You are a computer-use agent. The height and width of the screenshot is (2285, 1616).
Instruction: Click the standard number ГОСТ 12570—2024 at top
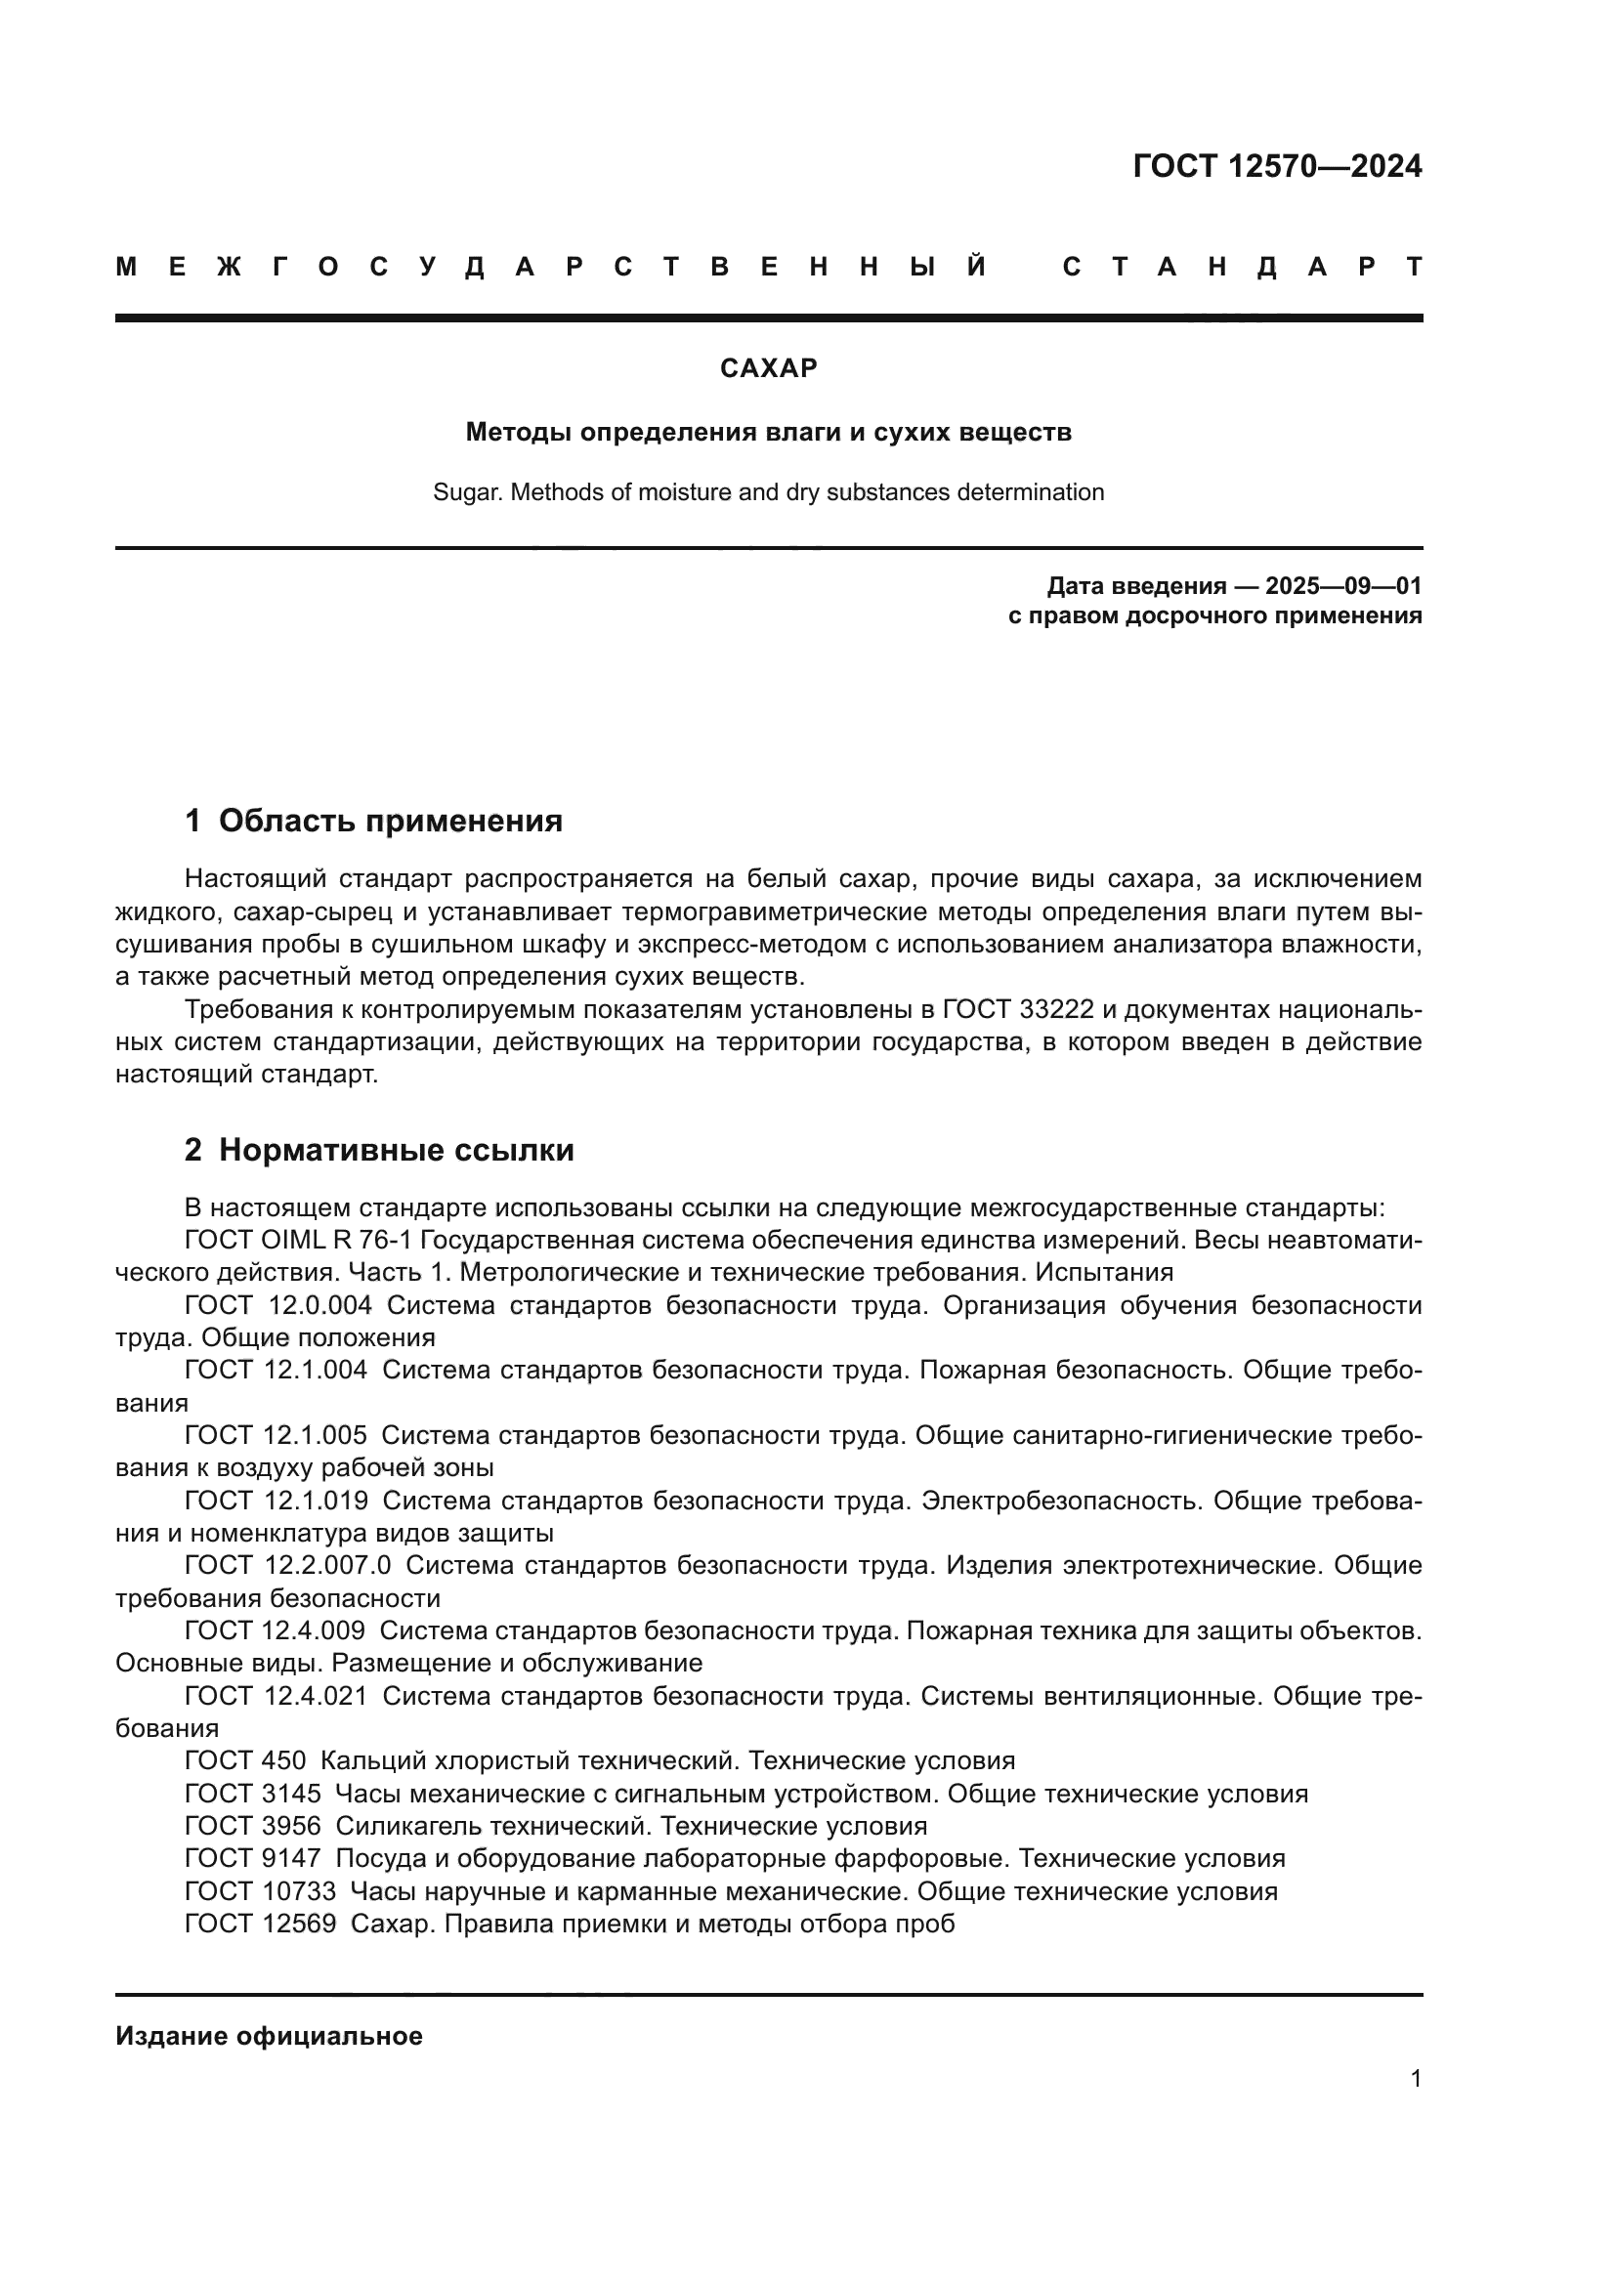point(1277,166)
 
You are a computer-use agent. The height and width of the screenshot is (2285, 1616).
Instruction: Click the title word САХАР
point(768,368)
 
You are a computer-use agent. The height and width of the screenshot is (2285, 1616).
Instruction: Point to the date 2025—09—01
point(1343,586)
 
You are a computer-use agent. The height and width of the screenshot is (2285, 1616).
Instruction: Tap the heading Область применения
point(390,821)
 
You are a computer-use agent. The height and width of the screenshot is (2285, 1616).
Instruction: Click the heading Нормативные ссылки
point(396,1151)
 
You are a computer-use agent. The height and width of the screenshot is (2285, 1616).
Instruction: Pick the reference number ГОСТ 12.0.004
point(278,1306)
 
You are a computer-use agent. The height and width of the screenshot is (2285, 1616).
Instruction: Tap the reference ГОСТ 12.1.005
point(276,1435)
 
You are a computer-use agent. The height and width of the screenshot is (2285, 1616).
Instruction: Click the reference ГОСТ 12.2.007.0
point(287,1564)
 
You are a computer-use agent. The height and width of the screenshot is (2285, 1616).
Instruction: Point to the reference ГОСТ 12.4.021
point(276,1695)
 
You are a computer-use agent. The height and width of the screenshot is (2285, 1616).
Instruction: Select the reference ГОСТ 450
point(245,1760)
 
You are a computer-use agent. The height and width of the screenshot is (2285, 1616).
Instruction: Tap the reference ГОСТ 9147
point(253,1858)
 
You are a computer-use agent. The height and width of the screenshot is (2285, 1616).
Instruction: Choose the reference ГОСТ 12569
point(261,1924)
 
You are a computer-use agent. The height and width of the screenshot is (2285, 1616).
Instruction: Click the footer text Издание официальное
point(269,2036)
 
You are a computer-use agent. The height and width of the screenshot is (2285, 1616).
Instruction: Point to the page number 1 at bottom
point(1415,2078)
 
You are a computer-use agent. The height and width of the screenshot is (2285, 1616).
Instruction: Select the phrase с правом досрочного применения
point(1214,616)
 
